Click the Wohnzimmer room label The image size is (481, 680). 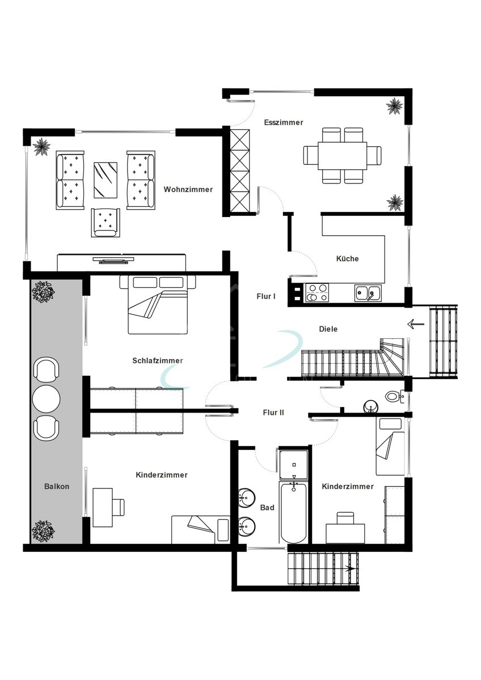pyautogui.click(x=188, y=189)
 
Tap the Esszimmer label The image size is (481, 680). pyautogui.click(x=284, y=122)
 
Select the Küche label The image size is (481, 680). pyautogui.click(x=347, y=258)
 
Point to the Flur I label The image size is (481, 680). pyautogui.click(x=266, y=296)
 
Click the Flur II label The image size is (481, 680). pyautogui.click(x=273, y=413)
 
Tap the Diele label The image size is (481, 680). pyautogui.click(x=328, y=329)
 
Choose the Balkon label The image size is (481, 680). pyautogui.click(x=57, y=486)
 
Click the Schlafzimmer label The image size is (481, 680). pyautogui.click(x=157, y=360)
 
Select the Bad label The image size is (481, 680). pyautogui.click(x=267, y=507)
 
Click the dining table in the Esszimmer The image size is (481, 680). pyautogui.click(x=343, y=156)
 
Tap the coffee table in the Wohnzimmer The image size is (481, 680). pyautogui.click(x=106, y=180)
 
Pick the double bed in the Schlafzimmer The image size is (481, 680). pyautogui.click(x=158, y=304)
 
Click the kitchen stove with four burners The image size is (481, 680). pyautogui.click(x=317, y=292)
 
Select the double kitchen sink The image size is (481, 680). pyautogui.click(x=368, y=293)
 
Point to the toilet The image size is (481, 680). pyautogui.click(x=395, y=396)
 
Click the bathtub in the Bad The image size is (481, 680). pyautogui.click(x=293, y=512)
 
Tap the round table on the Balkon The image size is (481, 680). pyautogui.click(x=46, y=398)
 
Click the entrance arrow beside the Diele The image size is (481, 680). pyautogui.click(x=416, y=324)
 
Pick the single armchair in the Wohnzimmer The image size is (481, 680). pyautogui.click(x=106, y=223)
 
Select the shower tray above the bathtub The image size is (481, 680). pyautogui.click(x=293, y=465)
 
